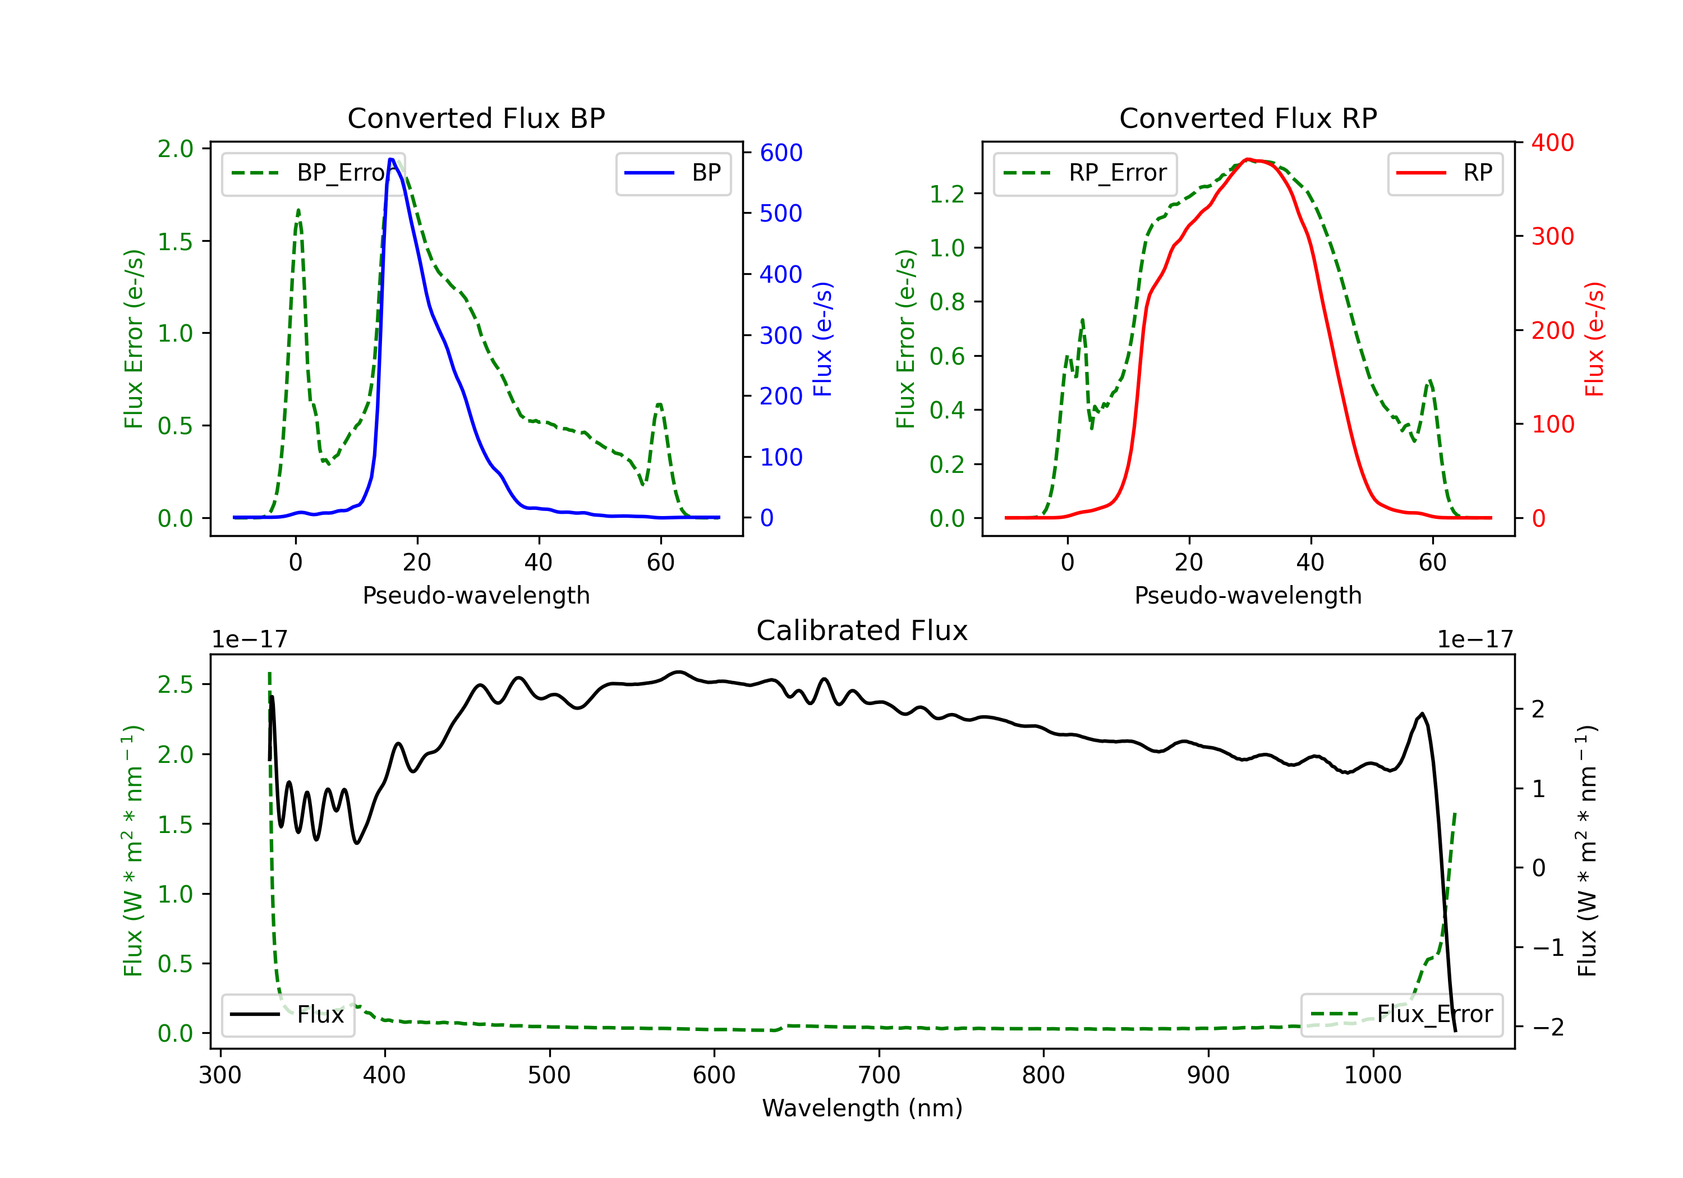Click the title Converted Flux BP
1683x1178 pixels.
click(x=476, y=118)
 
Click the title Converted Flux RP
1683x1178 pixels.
click(x=1248, y=118)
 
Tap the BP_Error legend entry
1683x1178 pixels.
click(x=313, y=173)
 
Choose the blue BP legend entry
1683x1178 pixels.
click(x=673, y=173)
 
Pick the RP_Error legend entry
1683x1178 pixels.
click(x=1085, y=173)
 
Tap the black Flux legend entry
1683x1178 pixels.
click(x=287, y=1015)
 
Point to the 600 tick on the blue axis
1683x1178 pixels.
click(x=781, y=153)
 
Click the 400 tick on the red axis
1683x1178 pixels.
click(x=1552, y=142)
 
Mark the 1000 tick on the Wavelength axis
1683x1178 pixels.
click(x=1372, y=1075)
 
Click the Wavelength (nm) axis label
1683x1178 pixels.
click(x=862, y=1108)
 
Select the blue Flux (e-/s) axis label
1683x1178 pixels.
click(x=823, y=339)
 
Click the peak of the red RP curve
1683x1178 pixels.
click(x=1248, y=159)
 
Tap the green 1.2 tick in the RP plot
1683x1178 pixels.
click(x=946, y=194)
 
